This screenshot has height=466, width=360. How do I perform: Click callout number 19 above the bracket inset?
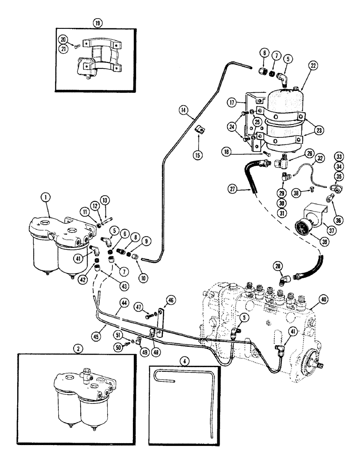[97, 22]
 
